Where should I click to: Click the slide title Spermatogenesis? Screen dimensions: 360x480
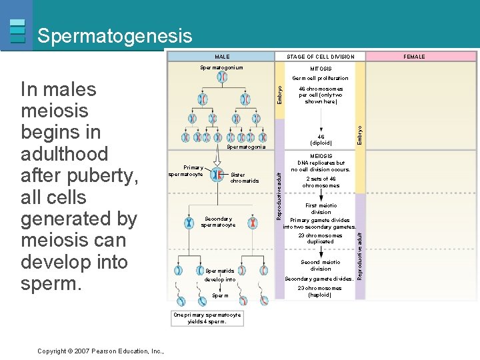115,36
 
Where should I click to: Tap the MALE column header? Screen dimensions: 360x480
221,57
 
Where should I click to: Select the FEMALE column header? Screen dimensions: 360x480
414,57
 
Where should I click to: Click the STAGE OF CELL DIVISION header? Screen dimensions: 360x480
321,57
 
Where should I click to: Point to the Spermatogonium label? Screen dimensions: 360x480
222,68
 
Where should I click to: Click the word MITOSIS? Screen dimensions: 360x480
321,69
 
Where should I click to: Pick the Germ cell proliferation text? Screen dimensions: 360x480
321,79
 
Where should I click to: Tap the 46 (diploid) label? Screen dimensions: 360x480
321,140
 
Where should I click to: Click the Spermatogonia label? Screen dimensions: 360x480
246,147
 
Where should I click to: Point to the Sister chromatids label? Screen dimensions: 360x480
244,178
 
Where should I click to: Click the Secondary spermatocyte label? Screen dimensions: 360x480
218,222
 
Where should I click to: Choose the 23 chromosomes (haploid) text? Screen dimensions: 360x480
320,291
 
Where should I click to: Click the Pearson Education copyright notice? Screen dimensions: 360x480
101,351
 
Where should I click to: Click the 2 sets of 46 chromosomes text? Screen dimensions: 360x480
321,182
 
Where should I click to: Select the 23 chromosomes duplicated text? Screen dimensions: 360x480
320,239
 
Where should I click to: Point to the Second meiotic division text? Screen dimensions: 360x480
321,265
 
